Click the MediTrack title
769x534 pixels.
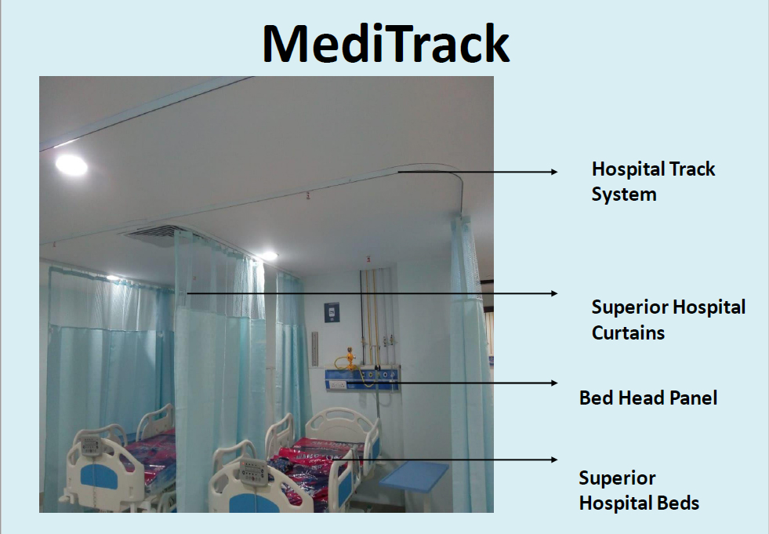386,43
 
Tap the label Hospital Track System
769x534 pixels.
653,181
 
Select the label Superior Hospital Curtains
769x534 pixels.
668,319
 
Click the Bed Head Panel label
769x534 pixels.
647,398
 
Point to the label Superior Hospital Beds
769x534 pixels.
639,490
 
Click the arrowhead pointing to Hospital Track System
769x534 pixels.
554,172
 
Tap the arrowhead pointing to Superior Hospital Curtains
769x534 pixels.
554,293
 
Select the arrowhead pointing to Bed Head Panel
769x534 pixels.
554,383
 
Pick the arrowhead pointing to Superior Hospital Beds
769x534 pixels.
554,460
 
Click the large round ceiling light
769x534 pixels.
71,165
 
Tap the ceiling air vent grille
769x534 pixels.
152,234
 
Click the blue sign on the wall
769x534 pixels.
332,313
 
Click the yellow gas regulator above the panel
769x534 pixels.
350,358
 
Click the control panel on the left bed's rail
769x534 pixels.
91,445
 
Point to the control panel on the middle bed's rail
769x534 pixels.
253,471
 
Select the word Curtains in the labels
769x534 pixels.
628,332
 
